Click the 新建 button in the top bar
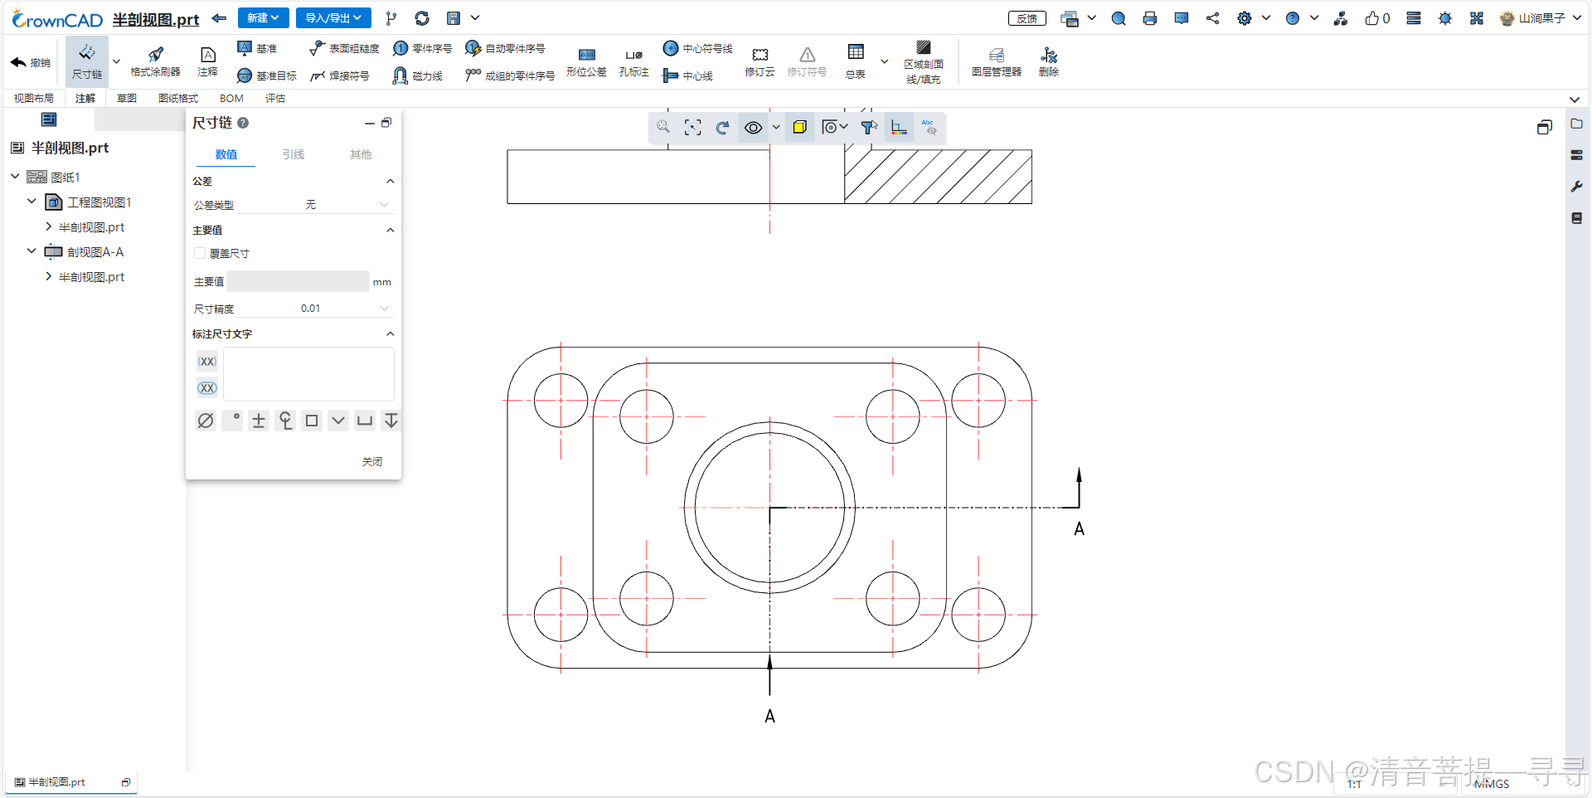pyautogui.click(x=262, y=18)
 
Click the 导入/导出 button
pyautogui.click(x=332, y=18)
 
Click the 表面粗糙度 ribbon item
pyautogui.click(x=344, y=49)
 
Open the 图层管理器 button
pyautogui.click(x=996, y=62)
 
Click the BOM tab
pyautogui.click(x=231, y=99)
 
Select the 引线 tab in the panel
pyautogui.click(x=293, y=155)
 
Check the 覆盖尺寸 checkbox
pyautogui.click(x=200, y=254)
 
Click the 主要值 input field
pyautogui.click(x=298, y=282)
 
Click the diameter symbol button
pyautogui.click(x=206, y=421)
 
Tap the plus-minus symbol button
pyautogui.click(x=259, y=421)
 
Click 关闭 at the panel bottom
pyautogui.click(x=372, y=462)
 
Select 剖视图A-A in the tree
pyautogui.click(x=95, y=252)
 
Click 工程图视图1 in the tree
pyautogui.click(x=99, y=202)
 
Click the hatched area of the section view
pyautogui.click(x=937, y=177)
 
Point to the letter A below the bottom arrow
pyautogui.click(x=769, y=717)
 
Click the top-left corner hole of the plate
pyautogui.click(x=561, y=401)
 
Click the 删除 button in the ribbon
pyautogui.click(x=1049, y=62)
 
